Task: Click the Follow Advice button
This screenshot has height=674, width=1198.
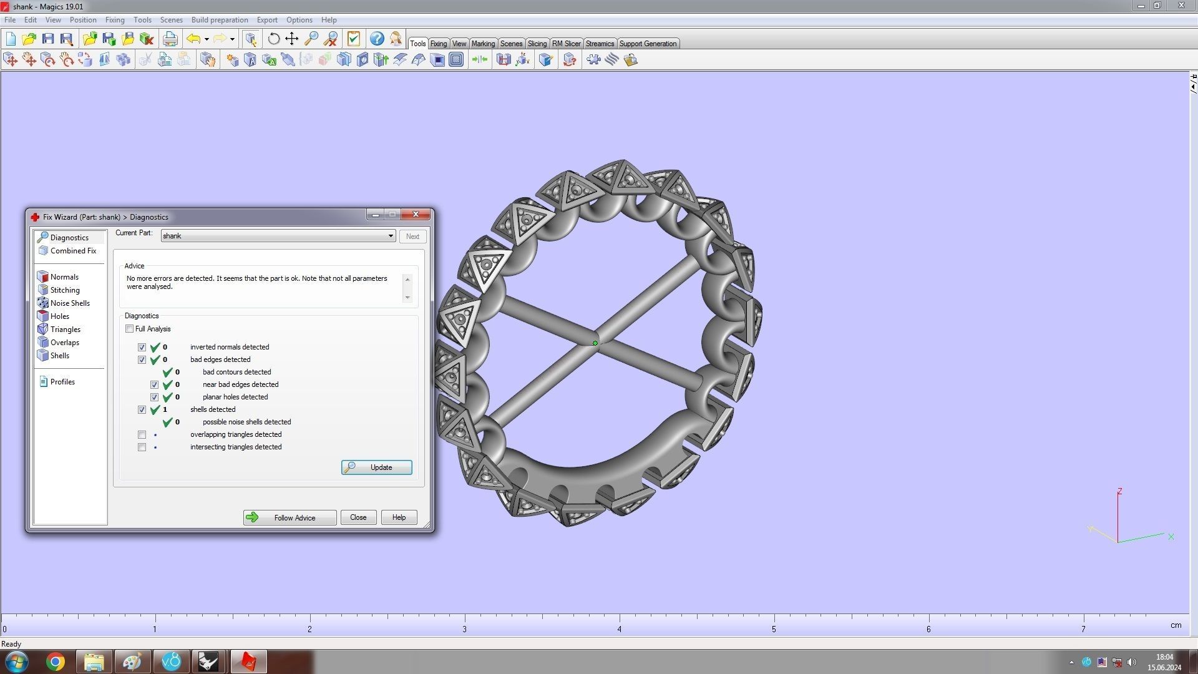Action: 290,517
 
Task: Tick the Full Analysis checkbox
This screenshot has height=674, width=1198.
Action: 130,329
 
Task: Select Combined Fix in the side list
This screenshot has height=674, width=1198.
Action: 73,251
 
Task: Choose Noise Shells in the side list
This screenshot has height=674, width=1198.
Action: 70,303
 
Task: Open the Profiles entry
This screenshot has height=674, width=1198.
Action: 62,382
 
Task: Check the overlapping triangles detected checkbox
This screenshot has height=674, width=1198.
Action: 142,435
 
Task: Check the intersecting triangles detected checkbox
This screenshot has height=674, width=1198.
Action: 142,447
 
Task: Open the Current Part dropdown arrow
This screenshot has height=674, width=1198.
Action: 391,236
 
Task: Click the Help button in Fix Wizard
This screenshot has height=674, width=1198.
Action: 399,517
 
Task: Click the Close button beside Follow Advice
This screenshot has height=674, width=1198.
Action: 358,517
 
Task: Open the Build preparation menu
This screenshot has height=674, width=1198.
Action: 220,20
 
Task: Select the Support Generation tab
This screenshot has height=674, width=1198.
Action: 648,44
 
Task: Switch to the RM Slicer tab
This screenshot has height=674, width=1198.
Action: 566,44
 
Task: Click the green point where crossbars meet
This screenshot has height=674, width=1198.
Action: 595,343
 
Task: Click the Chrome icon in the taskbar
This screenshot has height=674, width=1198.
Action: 56,662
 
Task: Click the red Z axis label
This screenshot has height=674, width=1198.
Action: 1120,492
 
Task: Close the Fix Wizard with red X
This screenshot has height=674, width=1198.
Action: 416,215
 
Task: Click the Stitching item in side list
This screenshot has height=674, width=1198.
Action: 65,290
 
